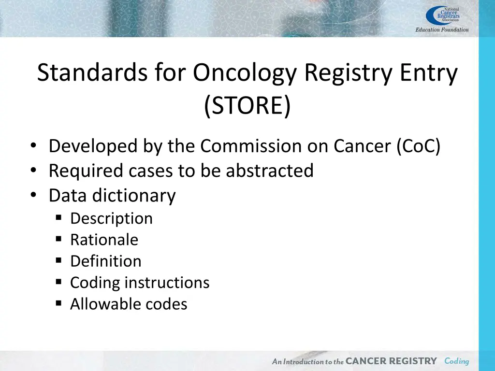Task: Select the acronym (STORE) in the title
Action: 247,105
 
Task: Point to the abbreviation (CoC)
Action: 418,146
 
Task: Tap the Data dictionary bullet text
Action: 112,196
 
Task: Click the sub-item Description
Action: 111,218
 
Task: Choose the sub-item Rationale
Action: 104,240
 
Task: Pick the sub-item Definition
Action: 106,261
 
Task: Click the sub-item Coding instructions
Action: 140,282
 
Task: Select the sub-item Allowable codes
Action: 129,304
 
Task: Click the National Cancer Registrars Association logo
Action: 443,15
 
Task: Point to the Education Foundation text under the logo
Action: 442,30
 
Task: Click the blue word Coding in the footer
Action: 456,361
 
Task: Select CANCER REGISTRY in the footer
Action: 391,361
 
